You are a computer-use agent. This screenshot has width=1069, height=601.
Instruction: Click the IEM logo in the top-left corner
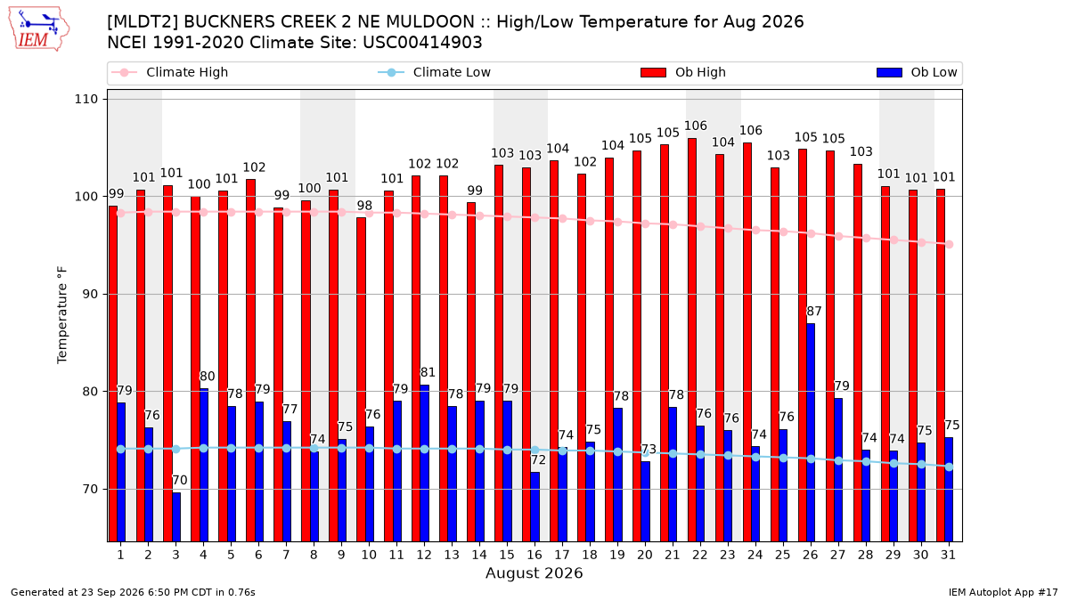[38, 29]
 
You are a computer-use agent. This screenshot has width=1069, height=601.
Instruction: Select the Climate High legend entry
[169, 72]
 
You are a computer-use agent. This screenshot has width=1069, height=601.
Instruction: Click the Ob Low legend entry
[917, 72]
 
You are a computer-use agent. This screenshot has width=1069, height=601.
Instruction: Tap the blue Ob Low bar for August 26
[811, 432]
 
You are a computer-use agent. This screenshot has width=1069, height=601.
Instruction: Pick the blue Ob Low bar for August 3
[176, 516]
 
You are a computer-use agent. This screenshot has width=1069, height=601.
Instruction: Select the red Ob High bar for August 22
[692, 339]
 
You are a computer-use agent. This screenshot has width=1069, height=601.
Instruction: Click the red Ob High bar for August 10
[361, 379]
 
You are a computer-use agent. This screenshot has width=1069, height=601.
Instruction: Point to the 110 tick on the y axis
[86, 99]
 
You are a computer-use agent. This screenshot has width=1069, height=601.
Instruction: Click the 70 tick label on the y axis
[90, 490]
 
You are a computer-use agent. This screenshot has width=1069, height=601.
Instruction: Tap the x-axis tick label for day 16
[534, 555]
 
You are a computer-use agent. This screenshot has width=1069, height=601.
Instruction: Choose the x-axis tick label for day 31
[948, 555]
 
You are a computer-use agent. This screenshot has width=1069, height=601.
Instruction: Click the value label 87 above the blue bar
[814, 312]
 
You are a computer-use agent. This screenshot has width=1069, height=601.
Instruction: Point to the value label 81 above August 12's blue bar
[428, 372]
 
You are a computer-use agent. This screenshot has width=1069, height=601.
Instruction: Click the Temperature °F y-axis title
[62, 315]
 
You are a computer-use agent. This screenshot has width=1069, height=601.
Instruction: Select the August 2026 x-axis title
[534, 573]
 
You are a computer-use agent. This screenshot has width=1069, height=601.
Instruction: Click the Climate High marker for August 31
[950, 244]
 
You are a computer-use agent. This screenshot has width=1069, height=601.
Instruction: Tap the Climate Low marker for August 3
[176, 449]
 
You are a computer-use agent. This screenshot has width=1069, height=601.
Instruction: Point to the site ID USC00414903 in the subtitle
[422, 43]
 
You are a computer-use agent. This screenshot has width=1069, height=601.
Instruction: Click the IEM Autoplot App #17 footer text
[1003, 592]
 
